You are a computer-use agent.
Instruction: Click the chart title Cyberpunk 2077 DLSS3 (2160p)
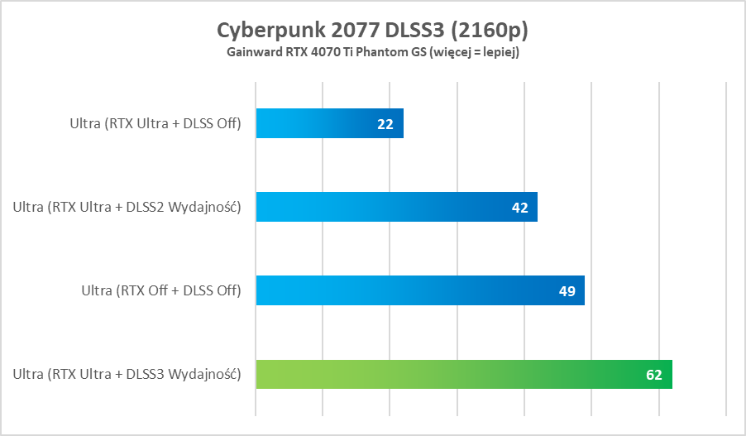pyautogui.click(x=372, y=30)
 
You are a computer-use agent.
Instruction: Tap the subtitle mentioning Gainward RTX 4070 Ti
pyautogui.click(x=372, y=52)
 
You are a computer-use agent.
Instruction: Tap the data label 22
pyautogui.click(x=385, y=124)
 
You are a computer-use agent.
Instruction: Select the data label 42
pyautogui.click(x=519, y=208)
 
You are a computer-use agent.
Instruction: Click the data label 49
pyautogui.click(x=567, y=291)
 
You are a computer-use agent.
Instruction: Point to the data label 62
pyautogui.click(x=654, y=375)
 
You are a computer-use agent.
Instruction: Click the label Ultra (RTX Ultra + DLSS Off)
pyautogui.click(x=155, y=124)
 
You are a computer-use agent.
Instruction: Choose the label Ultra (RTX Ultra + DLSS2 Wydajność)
pyautogui.click(x=127, y=208)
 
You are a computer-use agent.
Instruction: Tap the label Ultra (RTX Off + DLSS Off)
pyautogui.click(x=160, y=291)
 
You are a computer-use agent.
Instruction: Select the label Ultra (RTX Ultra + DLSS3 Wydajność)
pyautogui.click(x=127, y=375)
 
